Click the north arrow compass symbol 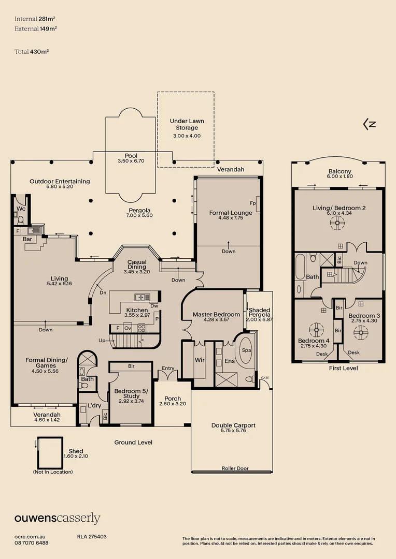pyautogui.click(x=370, y=124)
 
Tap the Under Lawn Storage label pyautogui.click(x=187, y=124)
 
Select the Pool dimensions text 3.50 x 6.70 pyautogui.click(x=131, y=161)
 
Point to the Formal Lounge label pyautogui.click(x=231, y=213)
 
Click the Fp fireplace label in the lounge pyautogui.click(x=253, y=203)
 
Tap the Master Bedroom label pyautogui.click(x=216, y=314)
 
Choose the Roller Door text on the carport pyautogui.click(x=235, y=468)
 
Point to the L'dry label pyautogui.click(x=94, y=405)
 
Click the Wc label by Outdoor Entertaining pyautogui.click(x=21, y=209)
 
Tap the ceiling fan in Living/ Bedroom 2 pyautogui.click(x=337, y=223)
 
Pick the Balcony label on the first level pyautogui.click(x=340, y=172)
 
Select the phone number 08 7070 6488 pyautogui.click(x=31, y=543)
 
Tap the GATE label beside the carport pyautogui.click(x=266, y=378)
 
